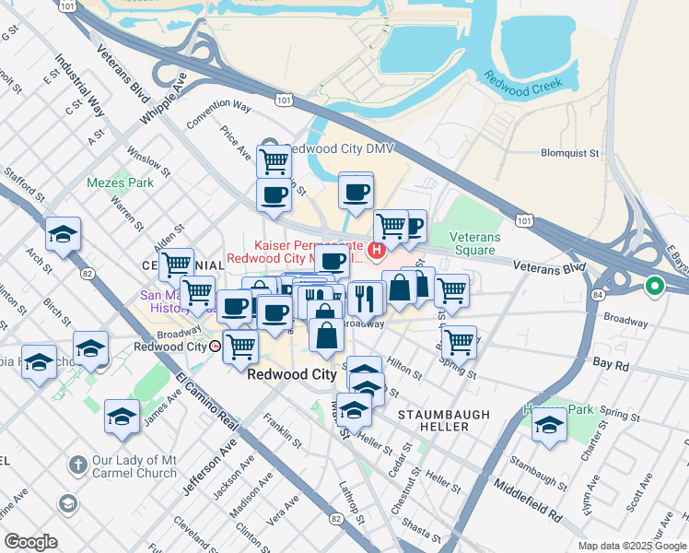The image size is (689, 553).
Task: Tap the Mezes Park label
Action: [120, 182]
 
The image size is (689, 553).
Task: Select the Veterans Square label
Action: [474, 243]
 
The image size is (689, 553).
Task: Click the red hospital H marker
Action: [376, 250]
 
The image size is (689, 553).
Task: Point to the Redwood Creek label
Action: [521, 90]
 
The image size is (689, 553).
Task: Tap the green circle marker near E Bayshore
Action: [655, 286]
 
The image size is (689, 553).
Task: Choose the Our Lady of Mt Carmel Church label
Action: [134, 466]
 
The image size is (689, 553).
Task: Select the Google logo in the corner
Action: [30, 542]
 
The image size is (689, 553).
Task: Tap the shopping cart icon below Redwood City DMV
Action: [274, 161]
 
